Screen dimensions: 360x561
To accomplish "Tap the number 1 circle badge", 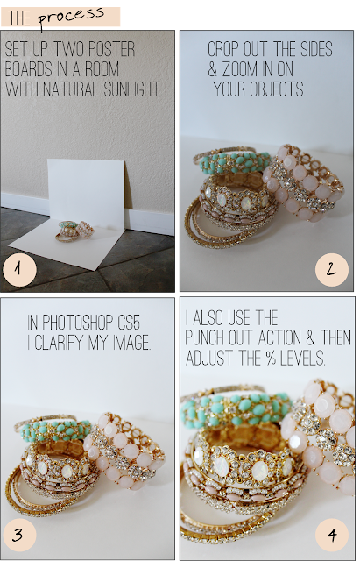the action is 19,269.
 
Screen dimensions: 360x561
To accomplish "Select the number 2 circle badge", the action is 332,269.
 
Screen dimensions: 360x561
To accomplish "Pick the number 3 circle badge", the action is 19,535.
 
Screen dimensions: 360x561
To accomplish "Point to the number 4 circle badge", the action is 332,535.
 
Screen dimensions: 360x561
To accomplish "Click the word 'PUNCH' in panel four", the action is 204,337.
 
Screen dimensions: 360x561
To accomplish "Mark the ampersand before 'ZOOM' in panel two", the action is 212,69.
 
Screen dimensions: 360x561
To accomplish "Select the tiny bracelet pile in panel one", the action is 74,231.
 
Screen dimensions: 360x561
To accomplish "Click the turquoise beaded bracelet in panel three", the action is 56,430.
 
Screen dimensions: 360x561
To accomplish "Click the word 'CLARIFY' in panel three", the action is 60,343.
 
